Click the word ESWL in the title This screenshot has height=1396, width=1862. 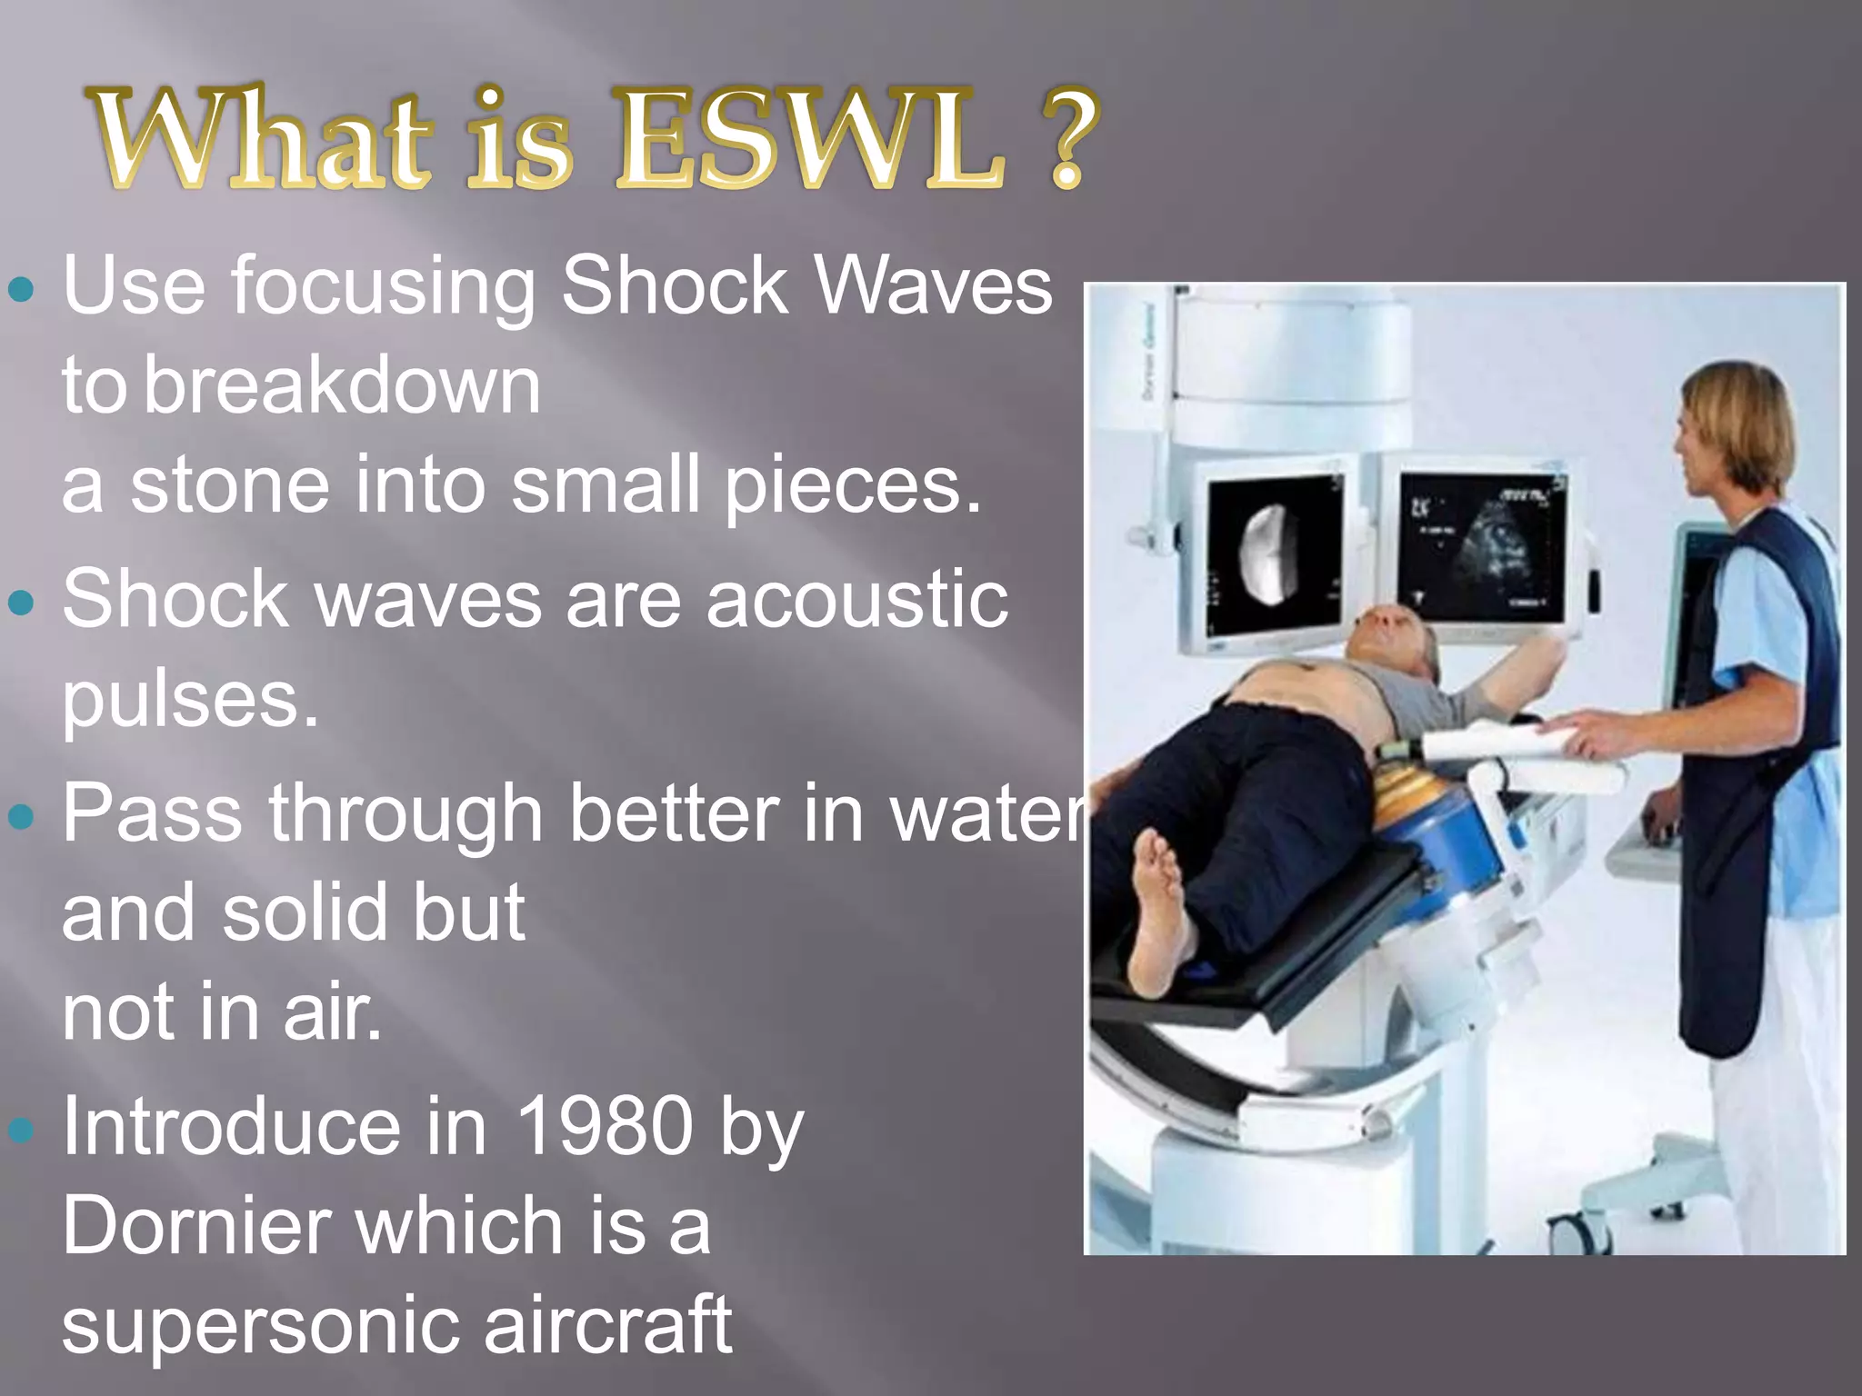(x=812, y=138)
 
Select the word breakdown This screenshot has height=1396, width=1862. (x=342, y=385)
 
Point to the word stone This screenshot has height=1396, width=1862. (x=230, y=485)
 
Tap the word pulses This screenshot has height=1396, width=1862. (x=190, y=702)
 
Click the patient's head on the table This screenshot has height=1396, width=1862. (x=1391, y=636)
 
